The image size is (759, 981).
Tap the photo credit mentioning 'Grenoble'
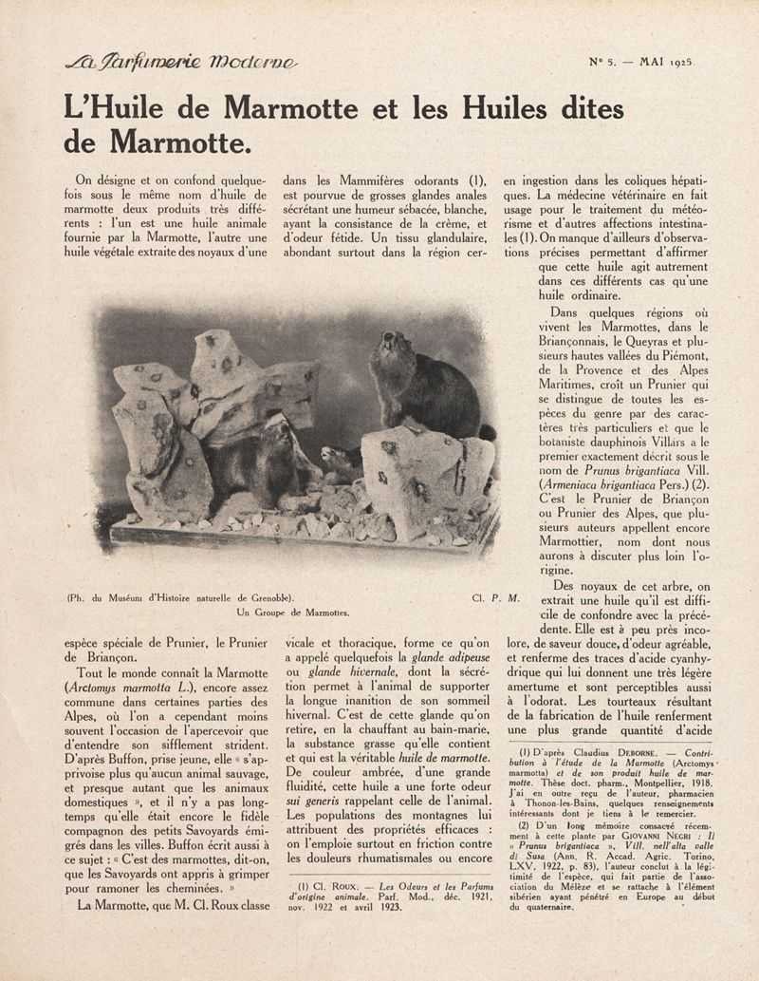[180, 598]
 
